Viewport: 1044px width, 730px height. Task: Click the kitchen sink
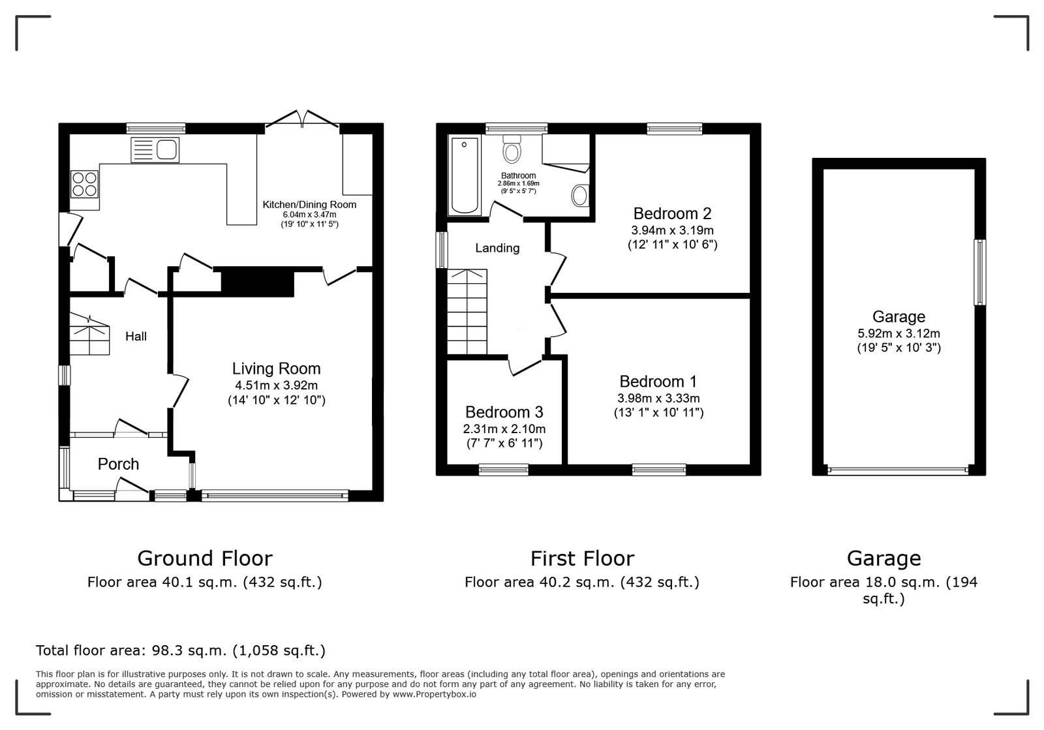(x=155, y=150)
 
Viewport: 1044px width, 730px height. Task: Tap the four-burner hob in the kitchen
(x=84, y=184)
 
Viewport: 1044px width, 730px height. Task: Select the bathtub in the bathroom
(x=465, y=175)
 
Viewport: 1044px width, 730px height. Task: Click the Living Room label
(x=277, y=369)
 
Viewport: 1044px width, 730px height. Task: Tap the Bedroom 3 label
(x=504, y=412)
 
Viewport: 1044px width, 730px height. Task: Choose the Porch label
(x=118, y=464)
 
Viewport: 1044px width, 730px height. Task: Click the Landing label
(x=497, y=248)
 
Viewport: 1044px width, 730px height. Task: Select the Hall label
(x=136, y=337)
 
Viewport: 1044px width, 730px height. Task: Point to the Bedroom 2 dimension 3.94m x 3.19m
(x=673, y=230)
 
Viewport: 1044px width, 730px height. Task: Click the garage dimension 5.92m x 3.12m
(x=898, y=333)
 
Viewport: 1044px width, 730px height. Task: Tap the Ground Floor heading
(x=205, y=558)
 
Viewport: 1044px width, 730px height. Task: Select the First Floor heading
(x=582, y=558)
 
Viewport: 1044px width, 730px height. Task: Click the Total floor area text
(x=180, y=650)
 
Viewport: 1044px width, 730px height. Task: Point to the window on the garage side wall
(x=980, y=273)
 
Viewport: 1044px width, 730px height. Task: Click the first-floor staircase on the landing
(x=467, y=312)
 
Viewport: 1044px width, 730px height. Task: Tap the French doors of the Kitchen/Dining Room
(x=302, y=120)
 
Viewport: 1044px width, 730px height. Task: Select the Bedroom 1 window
(x=659, y=470)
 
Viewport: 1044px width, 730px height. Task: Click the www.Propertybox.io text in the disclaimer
(x=435, y=695)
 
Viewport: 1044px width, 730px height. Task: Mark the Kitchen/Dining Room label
(x=309, y=204)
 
